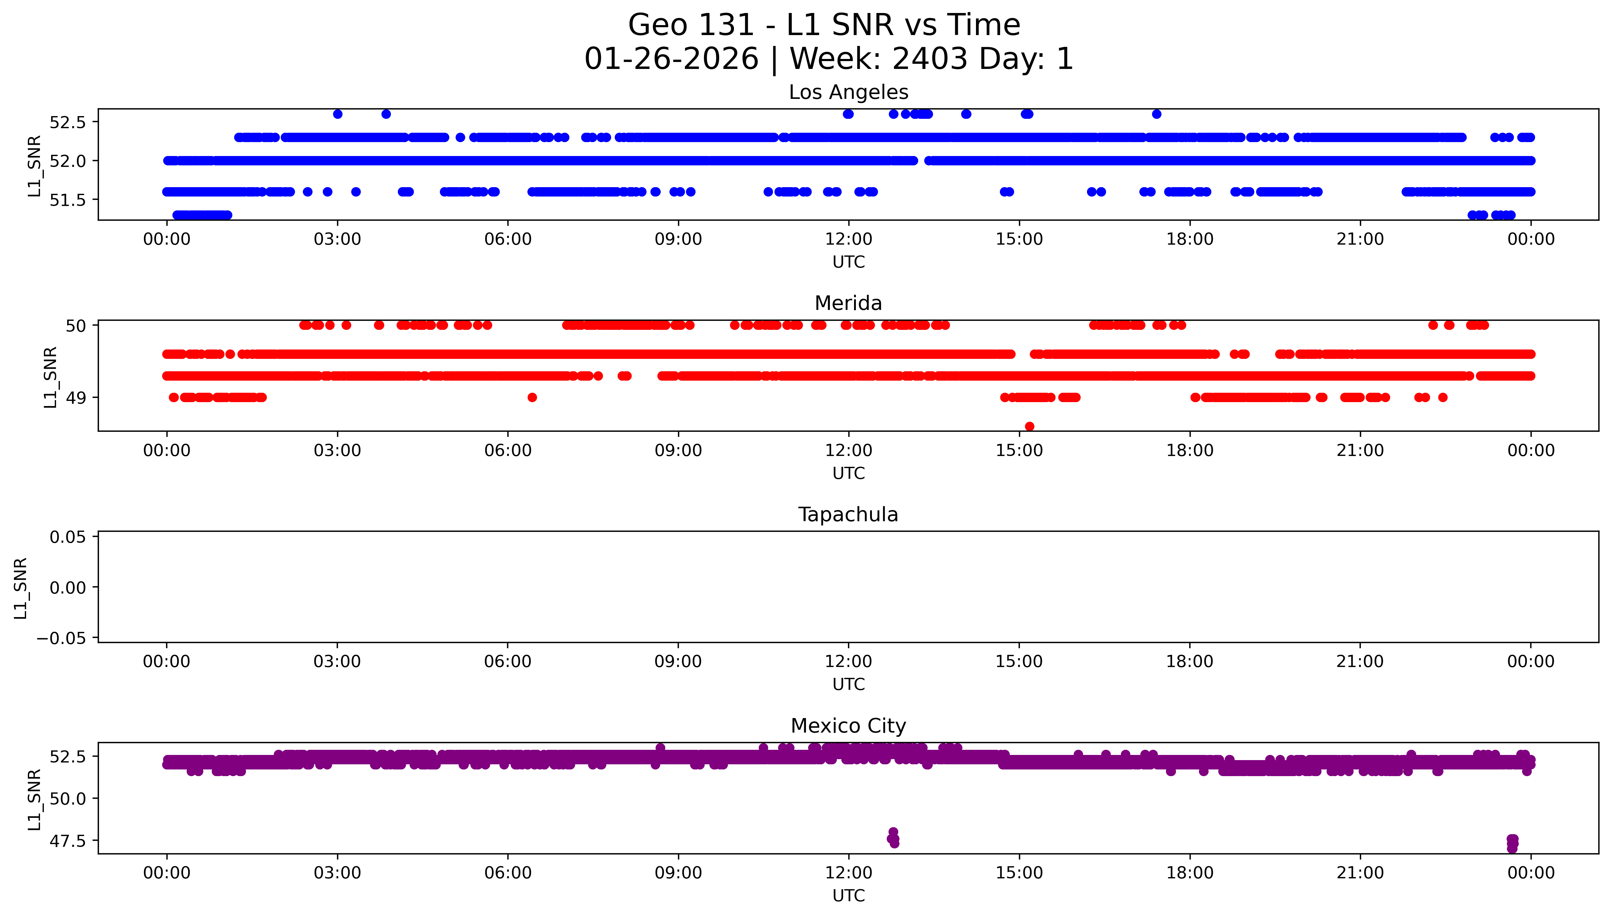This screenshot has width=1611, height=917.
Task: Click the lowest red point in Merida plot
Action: (1030, 426)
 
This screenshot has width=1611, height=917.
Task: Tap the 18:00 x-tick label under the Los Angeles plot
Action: (1190, 239)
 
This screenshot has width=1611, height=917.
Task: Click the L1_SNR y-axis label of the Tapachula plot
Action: (21, 588)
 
